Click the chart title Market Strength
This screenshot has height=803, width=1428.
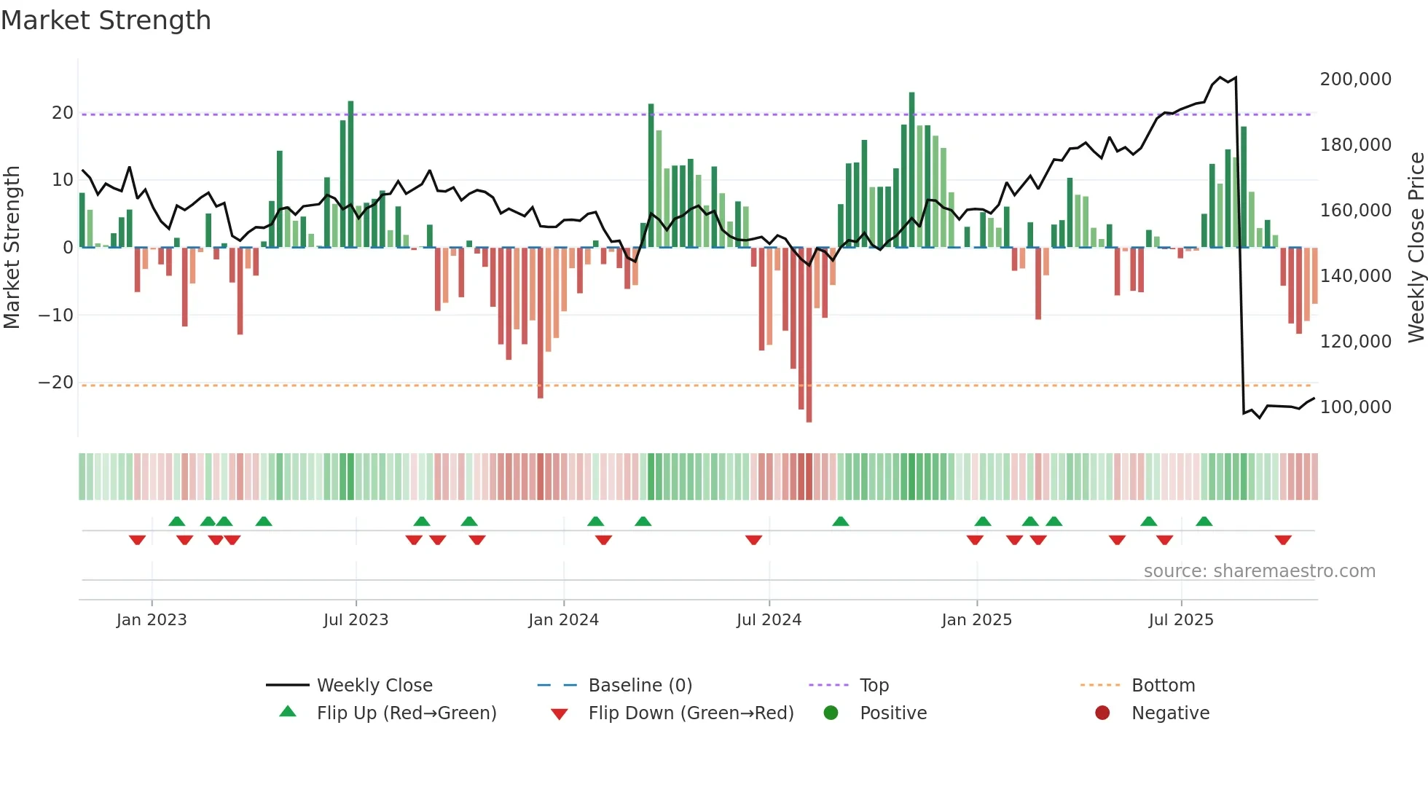pos(106,20)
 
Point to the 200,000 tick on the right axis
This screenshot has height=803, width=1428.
pos(1355,79)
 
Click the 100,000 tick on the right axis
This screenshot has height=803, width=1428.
pos(1355,407)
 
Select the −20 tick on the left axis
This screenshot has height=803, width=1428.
pos(55,383)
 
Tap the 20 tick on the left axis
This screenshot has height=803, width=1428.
pos(62,113)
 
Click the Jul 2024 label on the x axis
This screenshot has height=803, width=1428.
pos(769,620)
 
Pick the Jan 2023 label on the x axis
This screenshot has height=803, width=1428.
pos(152,620)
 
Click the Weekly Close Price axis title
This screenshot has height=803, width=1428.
pos(1416,248)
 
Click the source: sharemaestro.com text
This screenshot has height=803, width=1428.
pos(1259,571)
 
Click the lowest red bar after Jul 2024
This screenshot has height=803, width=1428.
pos(809,335)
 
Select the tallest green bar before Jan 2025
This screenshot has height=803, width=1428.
pos(911,169)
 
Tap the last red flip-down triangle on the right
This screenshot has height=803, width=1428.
pos(1283,540)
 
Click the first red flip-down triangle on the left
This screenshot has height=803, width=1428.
pos(137,540)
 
